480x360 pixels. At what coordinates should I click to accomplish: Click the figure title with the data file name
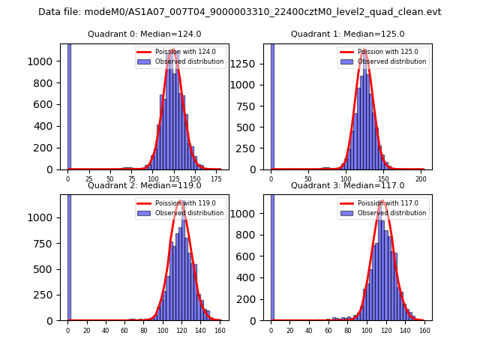pos(240,12)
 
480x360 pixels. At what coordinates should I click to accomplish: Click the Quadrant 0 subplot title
pos(144,34)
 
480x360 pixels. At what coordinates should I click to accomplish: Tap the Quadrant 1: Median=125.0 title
pos(347,34)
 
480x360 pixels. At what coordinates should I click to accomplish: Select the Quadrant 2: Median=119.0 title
pos(144,185)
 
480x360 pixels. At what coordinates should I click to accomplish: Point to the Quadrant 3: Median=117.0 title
pos(347,185)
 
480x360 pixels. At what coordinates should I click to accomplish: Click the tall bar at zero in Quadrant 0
pos(69,105)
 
